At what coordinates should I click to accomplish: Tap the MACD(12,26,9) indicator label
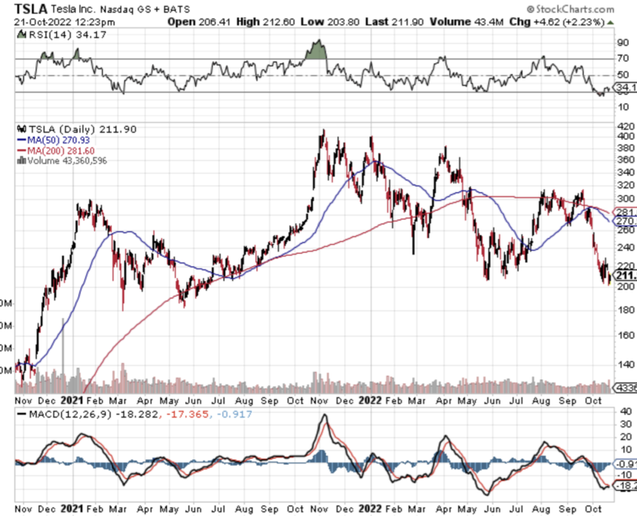pyautogui.click(x=69, y=414)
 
